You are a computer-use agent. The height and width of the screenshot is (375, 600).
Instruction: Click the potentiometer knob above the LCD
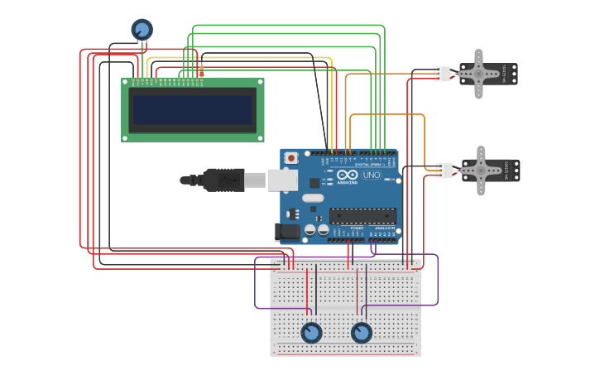click(142, 30)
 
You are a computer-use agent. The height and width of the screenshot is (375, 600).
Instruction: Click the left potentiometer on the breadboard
click(311, 332)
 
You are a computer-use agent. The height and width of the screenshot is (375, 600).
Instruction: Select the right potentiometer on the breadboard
click(362, 333)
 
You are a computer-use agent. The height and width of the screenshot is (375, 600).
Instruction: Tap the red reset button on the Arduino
click(291, 157)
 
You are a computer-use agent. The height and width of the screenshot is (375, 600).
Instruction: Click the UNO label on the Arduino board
click(372, 175)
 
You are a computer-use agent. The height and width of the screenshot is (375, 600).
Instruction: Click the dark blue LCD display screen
click(193, 109)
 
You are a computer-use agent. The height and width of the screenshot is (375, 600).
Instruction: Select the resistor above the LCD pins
click(201, 71)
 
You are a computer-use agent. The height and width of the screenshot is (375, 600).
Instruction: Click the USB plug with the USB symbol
click(223, 179)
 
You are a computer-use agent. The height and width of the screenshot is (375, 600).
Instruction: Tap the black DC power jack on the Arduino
click(287, 233)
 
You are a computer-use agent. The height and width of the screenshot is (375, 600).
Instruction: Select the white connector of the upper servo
click(442, 74)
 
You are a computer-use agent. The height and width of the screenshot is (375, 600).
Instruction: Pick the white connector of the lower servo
click(444, 171)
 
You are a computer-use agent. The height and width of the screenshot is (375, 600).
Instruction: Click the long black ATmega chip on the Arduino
click(362, 216)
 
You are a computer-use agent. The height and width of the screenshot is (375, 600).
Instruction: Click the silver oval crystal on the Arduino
click(312, 198)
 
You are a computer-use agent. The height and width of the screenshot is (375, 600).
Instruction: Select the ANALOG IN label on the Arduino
click(384, 228)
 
